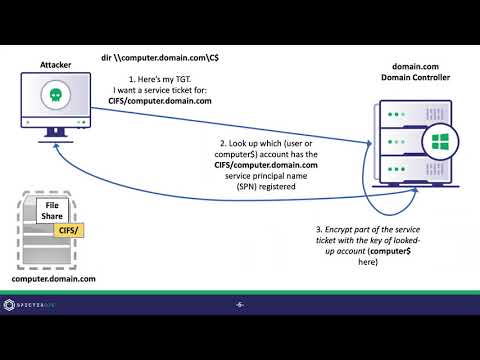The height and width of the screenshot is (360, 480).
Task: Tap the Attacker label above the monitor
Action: coord(56,64)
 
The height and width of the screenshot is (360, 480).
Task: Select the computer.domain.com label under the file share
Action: coord(56,278)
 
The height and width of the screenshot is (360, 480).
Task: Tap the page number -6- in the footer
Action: coord(240,304)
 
